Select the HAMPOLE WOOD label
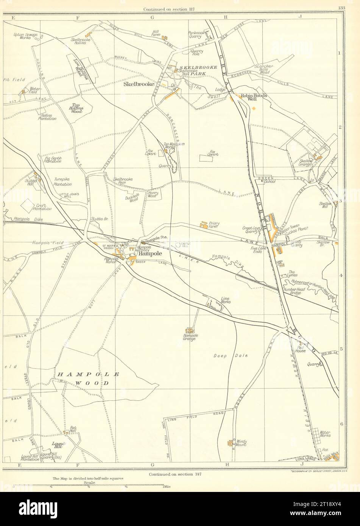(89, 378)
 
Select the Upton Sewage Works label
(25, 36)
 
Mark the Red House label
(301, 349)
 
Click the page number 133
(341, 9)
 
